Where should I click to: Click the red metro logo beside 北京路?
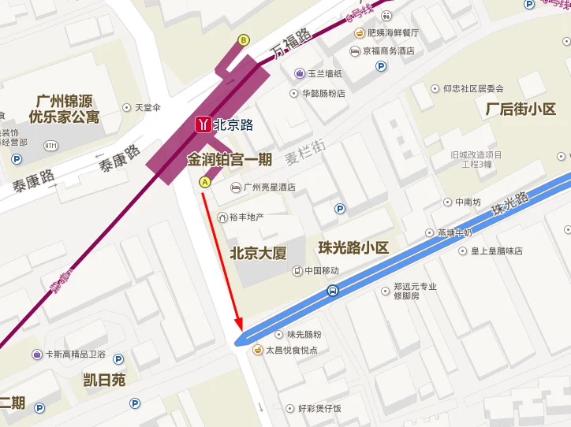203,125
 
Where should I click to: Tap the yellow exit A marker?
205,182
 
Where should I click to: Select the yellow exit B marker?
244,40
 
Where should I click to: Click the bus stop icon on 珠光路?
334,291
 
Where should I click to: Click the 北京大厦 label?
257,254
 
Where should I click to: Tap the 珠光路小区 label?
353,247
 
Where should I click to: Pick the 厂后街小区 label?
521,110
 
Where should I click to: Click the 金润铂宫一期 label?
229,159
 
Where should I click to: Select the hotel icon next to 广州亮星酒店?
235,188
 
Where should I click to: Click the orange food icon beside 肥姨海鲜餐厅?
359,33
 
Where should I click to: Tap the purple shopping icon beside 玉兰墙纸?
300,73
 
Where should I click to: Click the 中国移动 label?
321,271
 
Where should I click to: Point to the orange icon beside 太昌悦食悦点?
257,350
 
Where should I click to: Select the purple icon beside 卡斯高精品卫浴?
37,355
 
